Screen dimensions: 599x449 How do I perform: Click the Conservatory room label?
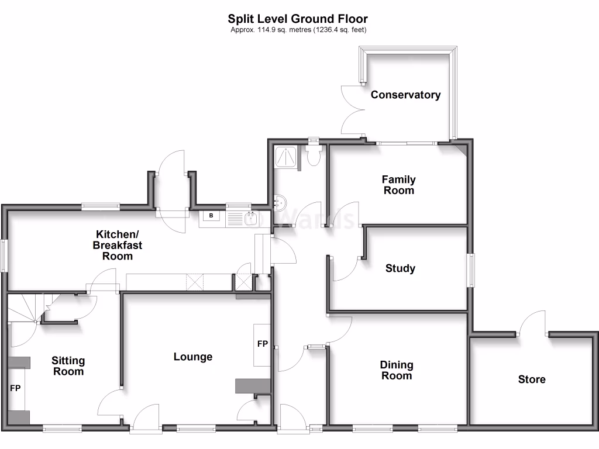[x=405, y=95]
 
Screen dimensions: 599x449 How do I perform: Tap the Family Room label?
[x=398, y=185]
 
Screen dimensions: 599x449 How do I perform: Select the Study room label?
[x=400, y=268]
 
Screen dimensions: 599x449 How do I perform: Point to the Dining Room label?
[x=397, y=370]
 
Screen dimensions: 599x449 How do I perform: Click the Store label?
[x=531, y=379]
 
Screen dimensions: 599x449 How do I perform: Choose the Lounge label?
[x=193, y=357]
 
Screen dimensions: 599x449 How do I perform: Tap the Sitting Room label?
[x=68, y=366]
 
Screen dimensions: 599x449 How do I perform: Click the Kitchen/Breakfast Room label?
[x=117, y=245]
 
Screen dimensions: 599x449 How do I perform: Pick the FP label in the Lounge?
[x=263, y=344]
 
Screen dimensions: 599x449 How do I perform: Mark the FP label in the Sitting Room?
[x=15, y=388]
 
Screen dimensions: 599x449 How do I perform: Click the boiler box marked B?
[x=211, y=216]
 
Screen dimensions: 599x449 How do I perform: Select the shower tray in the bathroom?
[x=285, y=157]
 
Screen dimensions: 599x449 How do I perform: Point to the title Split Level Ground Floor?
[x=298, y=19]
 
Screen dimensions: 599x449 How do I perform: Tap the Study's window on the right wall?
[x=472, y=270]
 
